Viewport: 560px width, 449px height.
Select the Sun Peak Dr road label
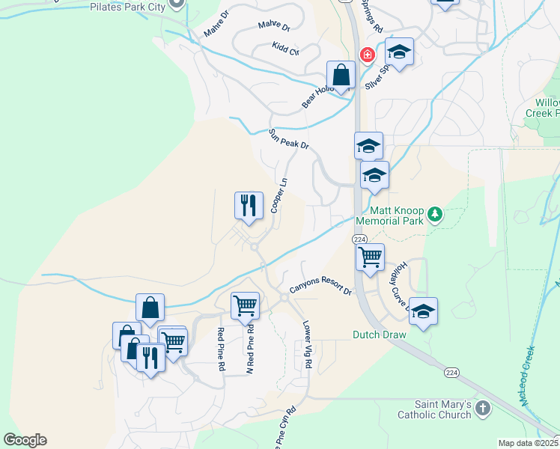tap(289, 139)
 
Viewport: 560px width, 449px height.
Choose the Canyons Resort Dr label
tap(320, 289)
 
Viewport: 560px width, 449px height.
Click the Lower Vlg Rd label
tap(307, 344)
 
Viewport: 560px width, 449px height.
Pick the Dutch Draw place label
tap(380, 335)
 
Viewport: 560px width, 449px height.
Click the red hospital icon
tap(368, 55)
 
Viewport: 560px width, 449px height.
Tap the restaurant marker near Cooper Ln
tap(249, 204)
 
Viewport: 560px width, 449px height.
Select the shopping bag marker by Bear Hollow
tap(341, 75)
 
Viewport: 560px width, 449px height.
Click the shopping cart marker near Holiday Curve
tap(370, 257)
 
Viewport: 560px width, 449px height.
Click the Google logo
tap(25, 440)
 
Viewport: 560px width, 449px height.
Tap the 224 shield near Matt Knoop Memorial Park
tap(360, 239)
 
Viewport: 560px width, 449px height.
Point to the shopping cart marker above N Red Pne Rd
tap(245, 305)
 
